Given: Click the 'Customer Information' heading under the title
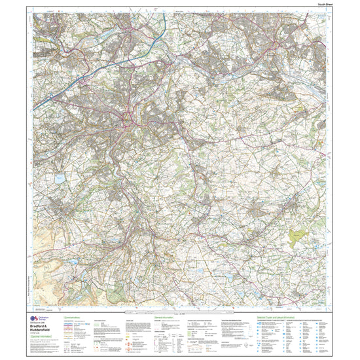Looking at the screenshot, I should (x=42, y=340).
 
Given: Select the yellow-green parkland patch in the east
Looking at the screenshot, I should (x=298, y=232).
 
